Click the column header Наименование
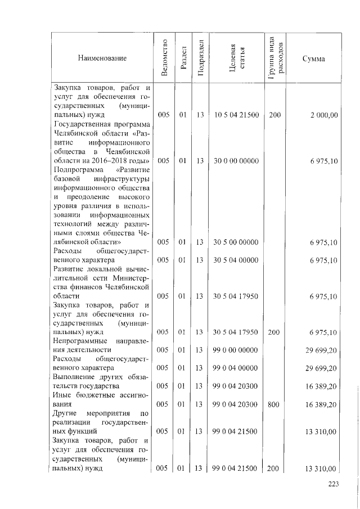click(102, 58)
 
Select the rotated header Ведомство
click(164, 58)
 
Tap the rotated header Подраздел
click(200, 58)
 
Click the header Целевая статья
click(236, 58)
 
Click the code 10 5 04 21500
click(236, 115)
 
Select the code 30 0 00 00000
click(236, 161)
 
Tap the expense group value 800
click(274, 405)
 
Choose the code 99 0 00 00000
click(236, 350)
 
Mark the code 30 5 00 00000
click(236, 242)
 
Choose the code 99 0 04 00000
click(236, 368)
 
